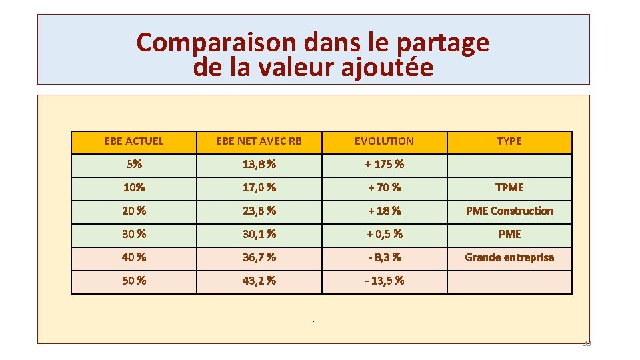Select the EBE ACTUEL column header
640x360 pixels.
pyautogui.click(x=134, y=141)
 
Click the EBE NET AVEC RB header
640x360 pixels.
pyautogui.click(x=259, y=141)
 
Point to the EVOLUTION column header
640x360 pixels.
pyautogui.click(x=384, y=141)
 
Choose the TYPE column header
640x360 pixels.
pyautogui.click(x=509, y=141)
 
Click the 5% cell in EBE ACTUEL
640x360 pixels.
pyautogui.click(x=134, y=164)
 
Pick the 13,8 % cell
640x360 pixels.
pyautogui.click(x=259, y=164)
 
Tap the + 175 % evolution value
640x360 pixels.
pyautogui.click(x=384, y=164)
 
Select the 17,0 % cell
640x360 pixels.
pyautogui.click(x=259, y=187)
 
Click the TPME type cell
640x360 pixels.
pyautogui.click(x=509, y=187)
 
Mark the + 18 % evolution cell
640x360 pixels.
pyautogui.click(x=384, y=211)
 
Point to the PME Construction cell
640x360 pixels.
pyautogui.click(x=509, y=211)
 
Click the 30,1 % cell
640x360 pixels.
pyautogui.click(x=259, y=234)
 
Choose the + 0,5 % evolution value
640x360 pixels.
pyautogui.click(x=384, y=234)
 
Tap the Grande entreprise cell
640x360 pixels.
pyautogui.click(x=509, y=257)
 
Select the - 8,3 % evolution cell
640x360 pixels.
pyautogui.click(x=384, y=257)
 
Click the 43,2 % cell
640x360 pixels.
pyautogui.click(x=259, y=281)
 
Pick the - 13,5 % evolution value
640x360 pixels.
pyautogui.click(x=384, y=281)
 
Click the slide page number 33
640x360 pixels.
pyautogui.click(x=587, y=343)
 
